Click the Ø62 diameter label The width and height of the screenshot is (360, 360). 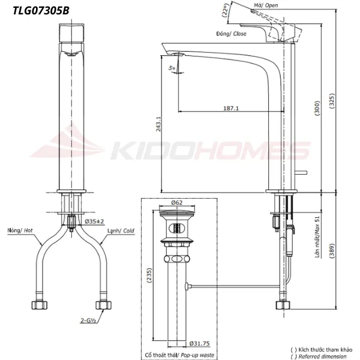click(176, 203)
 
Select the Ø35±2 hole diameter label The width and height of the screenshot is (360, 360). click(94, 222)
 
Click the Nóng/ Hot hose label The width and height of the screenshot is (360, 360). click(22, 230)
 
